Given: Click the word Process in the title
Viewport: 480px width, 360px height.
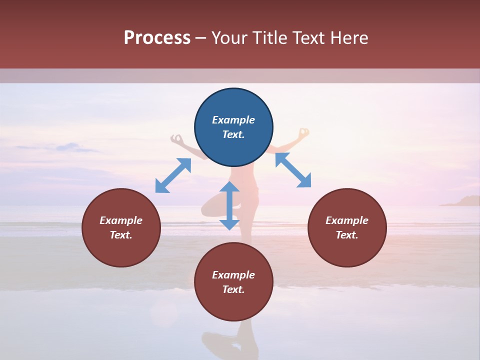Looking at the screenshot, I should tap(157, 38).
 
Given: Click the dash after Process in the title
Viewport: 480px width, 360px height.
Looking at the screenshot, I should tap(200, 38).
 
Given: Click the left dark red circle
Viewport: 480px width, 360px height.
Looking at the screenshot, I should tap(121, 227).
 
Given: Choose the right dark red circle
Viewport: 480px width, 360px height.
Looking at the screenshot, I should tap(347, 227).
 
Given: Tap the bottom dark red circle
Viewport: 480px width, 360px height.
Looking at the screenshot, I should tap(233, 282).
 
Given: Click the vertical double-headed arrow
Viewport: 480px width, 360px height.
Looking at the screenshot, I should tap(229, 205).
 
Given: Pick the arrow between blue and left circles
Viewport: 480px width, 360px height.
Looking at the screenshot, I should tap(173, 175).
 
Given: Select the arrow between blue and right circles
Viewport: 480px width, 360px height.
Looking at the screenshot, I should tap(293, 170).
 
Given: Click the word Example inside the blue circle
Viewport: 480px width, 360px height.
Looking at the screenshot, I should tap(233, 120).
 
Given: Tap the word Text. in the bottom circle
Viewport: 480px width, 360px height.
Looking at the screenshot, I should tap(233, 289).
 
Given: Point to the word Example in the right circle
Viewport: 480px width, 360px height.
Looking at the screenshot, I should tap(347, 220).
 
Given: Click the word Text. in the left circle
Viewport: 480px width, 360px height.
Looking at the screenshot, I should tap(121, 235).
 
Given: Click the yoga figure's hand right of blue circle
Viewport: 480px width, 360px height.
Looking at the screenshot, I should tap(303, 133).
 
